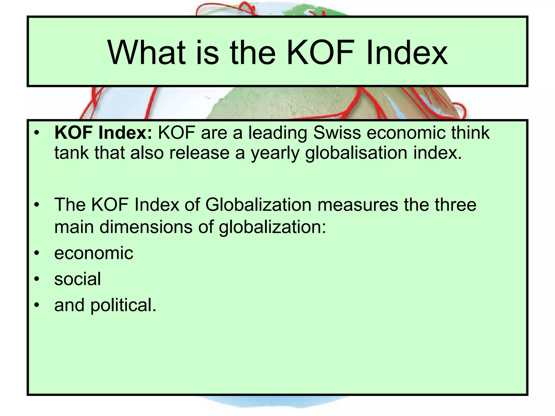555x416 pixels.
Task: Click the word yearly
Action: pyautogui.click(x=275, y=153)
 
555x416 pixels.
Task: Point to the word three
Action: pyautogui.click(x=456, y=205)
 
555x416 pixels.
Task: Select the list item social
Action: pyautogui.click(x=78, y=279)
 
